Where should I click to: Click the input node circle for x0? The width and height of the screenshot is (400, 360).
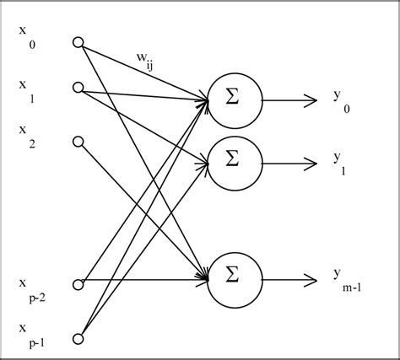pos(78,42)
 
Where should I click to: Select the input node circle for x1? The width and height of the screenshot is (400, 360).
pos(78,87)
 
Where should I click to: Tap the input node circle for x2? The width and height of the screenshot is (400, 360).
pos(78,141)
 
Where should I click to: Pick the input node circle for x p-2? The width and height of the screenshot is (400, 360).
pos(78,284)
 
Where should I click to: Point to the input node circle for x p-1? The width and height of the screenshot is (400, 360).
pos(78,337)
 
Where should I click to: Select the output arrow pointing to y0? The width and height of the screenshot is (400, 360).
pos(292,99)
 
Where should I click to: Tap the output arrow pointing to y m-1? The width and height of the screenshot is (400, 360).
pos(292,274)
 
